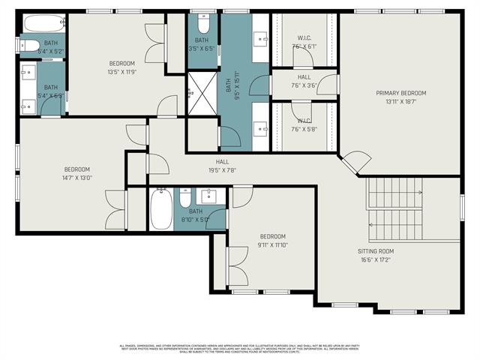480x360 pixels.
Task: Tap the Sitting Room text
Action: coord(376,256)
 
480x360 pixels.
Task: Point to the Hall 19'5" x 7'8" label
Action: coord(222,166)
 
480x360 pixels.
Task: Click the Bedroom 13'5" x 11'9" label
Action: coord(122,67)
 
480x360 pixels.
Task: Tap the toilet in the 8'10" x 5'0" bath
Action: coord(185,199)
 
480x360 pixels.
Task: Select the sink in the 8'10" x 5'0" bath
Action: coord(211,197)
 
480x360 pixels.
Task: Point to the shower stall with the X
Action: coord(201,93)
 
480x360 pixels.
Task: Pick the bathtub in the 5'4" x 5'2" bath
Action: coord(41,23)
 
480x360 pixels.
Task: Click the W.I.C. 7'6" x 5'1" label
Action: coord(304,42)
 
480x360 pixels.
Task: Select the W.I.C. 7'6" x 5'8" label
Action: coord(304,124)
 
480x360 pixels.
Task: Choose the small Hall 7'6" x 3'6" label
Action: coord(304,81)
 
